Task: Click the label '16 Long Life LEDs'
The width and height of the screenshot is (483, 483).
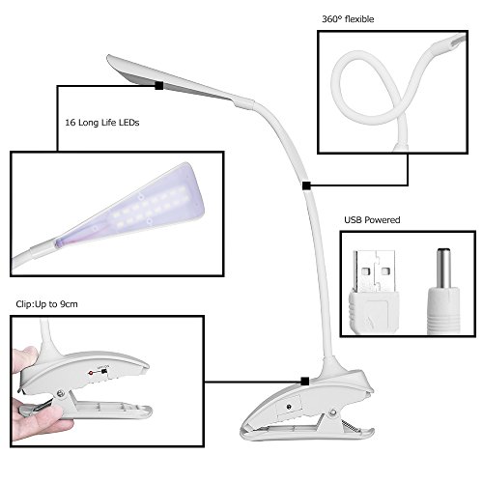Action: (102, 123)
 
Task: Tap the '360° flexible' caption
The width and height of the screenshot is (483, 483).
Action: (348, 19)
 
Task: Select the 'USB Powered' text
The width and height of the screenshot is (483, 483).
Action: (372, 220)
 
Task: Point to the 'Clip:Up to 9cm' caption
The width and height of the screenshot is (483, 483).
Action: (46, 304)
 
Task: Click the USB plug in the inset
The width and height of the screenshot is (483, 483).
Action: (374, 292)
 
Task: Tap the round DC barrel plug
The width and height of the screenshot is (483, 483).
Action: (443, 292)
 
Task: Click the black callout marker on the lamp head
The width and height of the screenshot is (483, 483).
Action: (159, 86)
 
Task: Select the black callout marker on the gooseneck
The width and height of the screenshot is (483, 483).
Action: (306, 185)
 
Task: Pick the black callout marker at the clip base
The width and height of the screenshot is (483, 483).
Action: (305, 382)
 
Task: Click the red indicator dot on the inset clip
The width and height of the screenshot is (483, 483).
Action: (91, 373)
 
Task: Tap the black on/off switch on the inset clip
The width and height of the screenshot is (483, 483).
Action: (104, 372)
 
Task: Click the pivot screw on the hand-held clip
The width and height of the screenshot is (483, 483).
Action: (60, 393)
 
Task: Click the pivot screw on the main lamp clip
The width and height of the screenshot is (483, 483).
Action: (333, 412)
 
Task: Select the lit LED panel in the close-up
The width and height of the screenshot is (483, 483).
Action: (148, 207)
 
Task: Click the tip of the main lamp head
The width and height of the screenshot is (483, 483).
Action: (108, 56)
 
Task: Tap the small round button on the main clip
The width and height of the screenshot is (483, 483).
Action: (289, 407)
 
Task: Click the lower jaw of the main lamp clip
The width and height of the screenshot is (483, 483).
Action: (306, 433)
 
